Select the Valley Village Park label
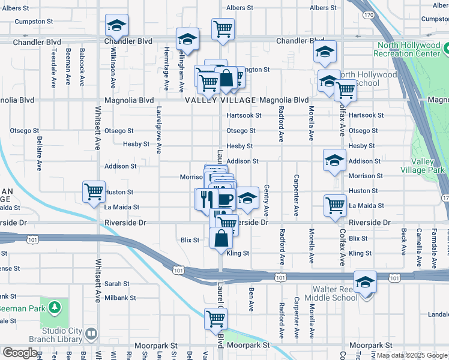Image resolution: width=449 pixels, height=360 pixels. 427,166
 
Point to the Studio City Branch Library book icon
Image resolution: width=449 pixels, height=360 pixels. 91,334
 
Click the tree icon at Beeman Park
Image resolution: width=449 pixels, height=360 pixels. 55,308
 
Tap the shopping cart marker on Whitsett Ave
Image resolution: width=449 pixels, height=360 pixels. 94,192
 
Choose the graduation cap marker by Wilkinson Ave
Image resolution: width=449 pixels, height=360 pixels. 116,25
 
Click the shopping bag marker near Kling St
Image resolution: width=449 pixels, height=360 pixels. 221,239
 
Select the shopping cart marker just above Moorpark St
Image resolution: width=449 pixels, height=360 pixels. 215,319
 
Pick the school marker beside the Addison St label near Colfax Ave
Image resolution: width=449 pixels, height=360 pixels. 334,160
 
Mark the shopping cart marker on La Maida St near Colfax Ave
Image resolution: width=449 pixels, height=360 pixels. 335,205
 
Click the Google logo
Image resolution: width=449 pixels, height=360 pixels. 20,353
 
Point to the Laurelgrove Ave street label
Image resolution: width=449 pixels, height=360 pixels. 159,130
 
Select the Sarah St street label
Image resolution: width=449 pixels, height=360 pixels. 117,284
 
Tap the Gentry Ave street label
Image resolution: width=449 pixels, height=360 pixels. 266,202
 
